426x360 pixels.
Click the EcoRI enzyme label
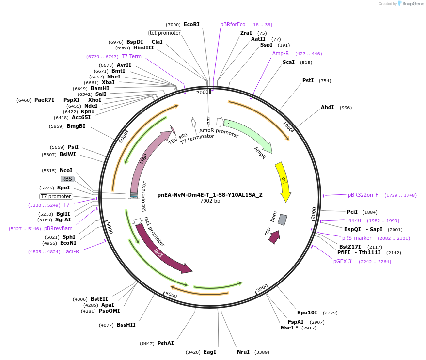[191, 24]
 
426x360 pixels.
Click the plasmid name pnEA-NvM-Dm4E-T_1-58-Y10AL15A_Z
[210, 195]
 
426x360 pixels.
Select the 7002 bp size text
[210, 201]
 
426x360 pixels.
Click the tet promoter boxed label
[165, 33]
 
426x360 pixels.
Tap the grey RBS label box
[67, 179]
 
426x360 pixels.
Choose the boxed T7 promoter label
[56, 196]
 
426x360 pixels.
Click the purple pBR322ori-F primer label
[363, 195]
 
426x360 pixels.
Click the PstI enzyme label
[308, 80]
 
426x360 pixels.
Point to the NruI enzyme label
[243, 352]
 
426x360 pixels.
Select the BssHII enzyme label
[126, 325]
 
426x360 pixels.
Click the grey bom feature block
[283, 220]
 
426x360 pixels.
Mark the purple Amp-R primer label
[281, 53]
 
